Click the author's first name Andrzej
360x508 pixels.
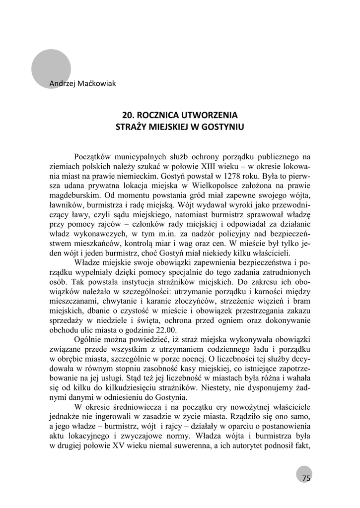pyautogui.click(x=62, y=83)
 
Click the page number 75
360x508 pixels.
pyautogui.click(x=305, y=478)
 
